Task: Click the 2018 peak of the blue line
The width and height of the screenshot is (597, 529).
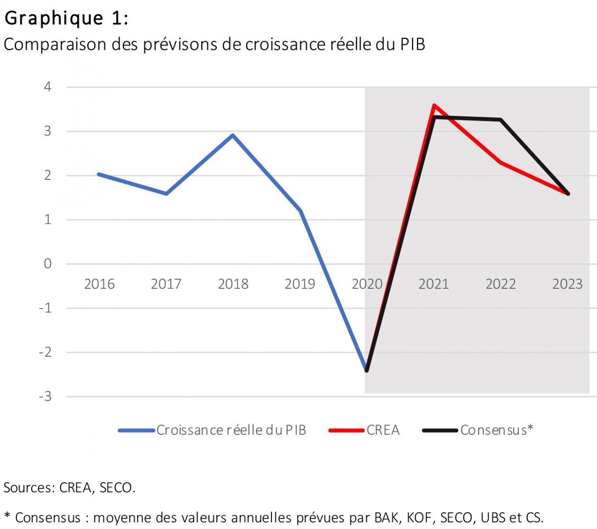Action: point(233,135)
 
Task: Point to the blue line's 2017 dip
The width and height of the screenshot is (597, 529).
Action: point(166,194)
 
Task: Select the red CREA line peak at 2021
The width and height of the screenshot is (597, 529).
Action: point(434,105)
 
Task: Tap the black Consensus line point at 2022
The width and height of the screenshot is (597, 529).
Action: point(501,119)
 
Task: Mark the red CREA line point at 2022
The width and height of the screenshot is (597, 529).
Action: point(501,162)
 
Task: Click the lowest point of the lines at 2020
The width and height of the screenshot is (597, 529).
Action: point(367,370)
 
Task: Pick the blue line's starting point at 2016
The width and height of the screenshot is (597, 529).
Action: point(99,174)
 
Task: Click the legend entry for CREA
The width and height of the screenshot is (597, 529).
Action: point(382,430)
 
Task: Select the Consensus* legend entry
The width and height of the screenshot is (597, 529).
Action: point(496,430)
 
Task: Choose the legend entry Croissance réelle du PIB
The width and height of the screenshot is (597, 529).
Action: point(231,430)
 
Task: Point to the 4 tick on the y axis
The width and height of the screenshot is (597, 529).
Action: point(48,86)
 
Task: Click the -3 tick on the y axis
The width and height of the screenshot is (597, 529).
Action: point(45,396)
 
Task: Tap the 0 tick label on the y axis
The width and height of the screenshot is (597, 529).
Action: point(48,264)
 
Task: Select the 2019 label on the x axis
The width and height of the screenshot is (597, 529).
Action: point(300,284)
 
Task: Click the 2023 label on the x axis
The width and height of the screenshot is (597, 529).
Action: point(567,284)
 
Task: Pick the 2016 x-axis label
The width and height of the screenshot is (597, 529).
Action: point(99,284)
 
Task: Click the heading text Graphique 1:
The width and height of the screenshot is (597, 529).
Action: point(66,19)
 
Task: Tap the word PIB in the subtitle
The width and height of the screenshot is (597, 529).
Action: point(412,45)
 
